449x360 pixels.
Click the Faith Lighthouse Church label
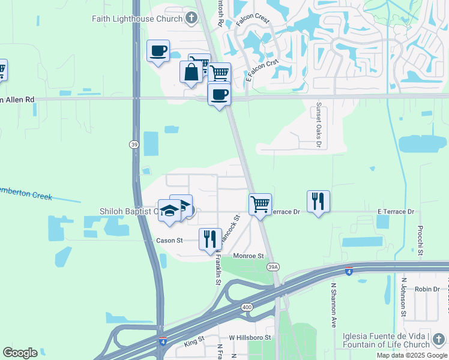(x=137, y=19)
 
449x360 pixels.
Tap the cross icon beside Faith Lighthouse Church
(x=191, y=18)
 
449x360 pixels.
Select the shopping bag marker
(x=191, y=72)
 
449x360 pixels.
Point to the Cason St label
(x=169, y=241)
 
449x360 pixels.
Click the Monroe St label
(x=249, y=256)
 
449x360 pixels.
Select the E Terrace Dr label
(x=396, y=212)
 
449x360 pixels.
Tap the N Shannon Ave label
(x=333, y=305)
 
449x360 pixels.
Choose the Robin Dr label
(x=427, y=289)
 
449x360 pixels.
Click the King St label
(x=194, y=342)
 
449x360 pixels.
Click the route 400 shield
(x=247, y=307)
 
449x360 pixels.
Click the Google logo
(x=20, y=353)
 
